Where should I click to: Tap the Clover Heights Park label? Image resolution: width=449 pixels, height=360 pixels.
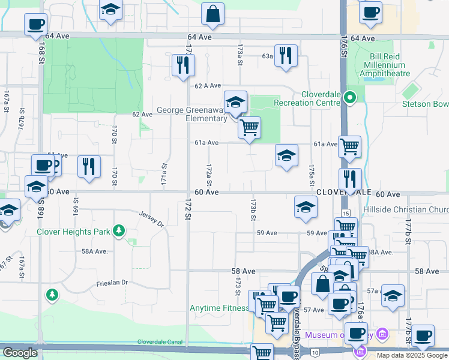click(74, 231)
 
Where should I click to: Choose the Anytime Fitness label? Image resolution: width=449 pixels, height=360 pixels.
click(218, 308)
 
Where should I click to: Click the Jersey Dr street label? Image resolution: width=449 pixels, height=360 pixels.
click(151, 219)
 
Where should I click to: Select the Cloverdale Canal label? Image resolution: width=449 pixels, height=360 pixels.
click(160, 341)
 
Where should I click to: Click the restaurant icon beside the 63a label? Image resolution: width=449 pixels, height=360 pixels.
click(286, 56)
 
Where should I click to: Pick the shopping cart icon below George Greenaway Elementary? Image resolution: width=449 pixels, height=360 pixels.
click(249, 127)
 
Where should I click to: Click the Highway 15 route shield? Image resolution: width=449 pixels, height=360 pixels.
click(345, 213)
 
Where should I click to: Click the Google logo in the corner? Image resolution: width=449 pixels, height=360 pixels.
click(20, 353)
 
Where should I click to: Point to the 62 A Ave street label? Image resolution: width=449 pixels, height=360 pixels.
click(208, 86)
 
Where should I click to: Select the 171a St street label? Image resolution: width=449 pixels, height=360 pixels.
click(163, 173)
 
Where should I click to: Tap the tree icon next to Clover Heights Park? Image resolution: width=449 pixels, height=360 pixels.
click(119, 230)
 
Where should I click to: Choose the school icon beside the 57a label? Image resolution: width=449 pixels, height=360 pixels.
click(393, 296)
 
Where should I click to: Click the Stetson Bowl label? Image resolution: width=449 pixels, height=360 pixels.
click(425, 104)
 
